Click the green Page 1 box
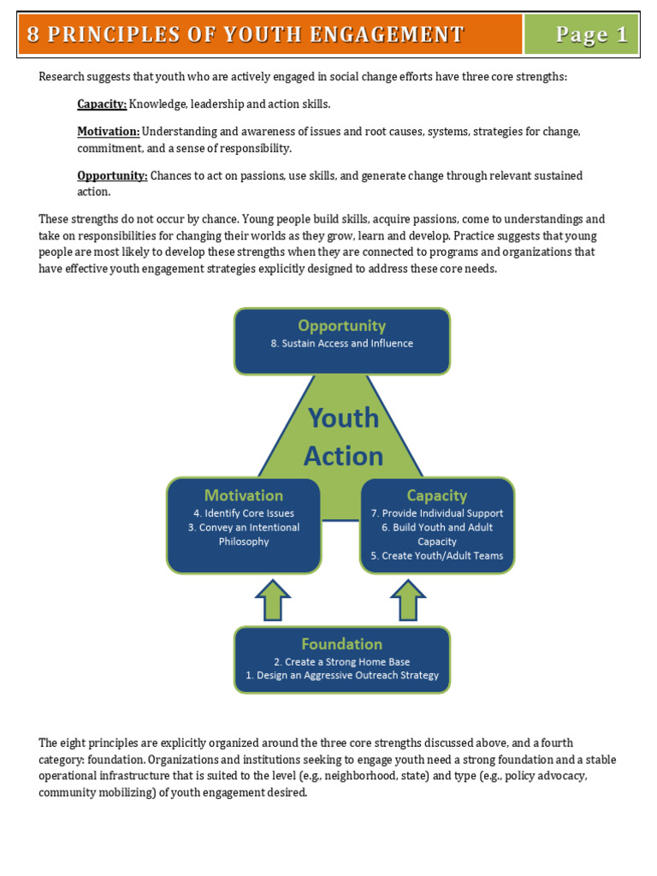(582, 34)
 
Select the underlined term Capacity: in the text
(102, 104)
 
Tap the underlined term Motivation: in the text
(109, 132)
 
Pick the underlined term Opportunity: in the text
(112, 175)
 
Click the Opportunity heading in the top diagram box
(341, 326)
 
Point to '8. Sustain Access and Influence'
(341, 344)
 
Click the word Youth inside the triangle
(343, 417)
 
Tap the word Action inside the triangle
(343, 456)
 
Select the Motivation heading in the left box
(244, 496)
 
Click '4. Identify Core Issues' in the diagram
(244, 513)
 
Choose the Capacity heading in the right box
(437, 496)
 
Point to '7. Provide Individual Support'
(437, 513)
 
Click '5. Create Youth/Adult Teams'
(437, 555)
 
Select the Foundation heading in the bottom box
(341, 644)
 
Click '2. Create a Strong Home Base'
(341, 661)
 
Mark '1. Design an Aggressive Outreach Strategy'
(341, 675)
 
